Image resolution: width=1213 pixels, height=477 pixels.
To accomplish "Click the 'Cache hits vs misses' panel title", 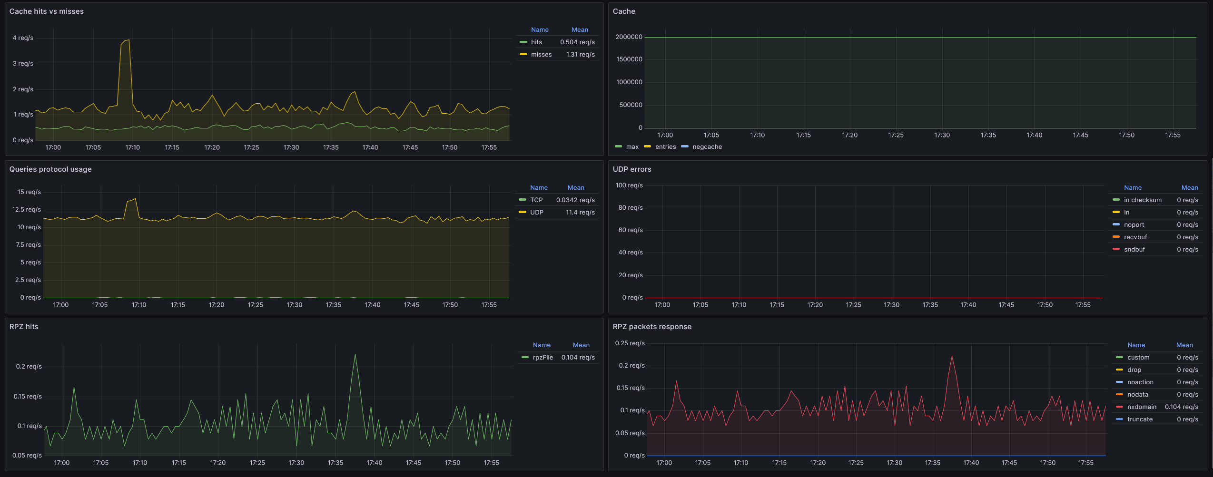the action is pyautogui.click(x=47, y=11).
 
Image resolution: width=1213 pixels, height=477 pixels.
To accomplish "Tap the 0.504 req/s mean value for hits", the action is pyautogui.click(x=577, y=42).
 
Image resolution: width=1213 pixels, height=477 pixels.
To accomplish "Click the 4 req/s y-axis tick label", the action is pyautogui.click(x=23, y=38).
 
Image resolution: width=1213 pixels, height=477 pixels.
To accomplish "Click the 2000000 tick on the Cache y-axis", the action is pyautogui.click(x=629, y=37).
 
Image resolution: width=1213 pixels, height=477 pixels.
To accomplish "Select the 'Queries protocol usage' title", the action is pyautogui.click(x=50, y=169).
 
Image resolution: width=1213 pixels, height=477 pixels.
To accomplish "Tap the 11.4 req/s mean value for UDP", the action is pyautogui.click(x=580, y=213).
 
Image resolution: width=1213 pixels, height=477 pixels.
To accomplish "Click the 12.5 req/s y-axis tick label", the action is pyautogui.click(x=27, y=210).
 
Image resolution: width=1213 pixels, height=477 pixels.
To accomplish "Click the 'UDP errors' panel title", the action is pyautogui.click(x=632, y=169).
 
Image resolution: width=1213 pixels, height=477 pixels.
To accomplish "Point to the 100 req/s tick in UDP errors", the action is pyautogui.click(x=629, y=185).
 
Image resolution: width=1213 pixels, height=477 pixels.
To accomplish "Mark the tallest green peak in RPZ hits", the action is pyautogui.click(x=355, y=354).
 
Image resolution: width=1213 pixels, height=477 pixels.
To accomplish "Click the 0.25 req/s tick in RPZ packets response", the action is pyautogui.click(x=630, y=343).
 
